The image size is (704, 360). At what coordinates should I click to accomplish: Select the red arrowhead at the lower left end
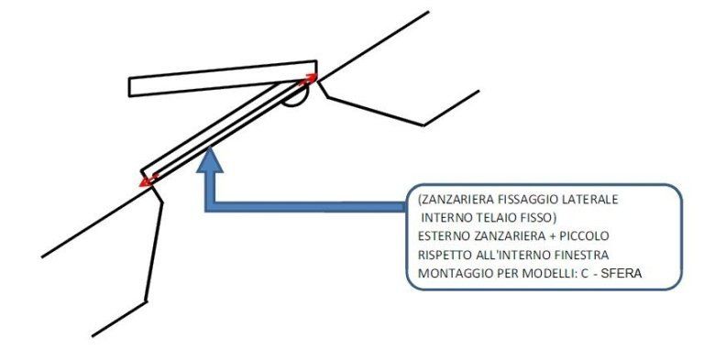[x=147, y=180]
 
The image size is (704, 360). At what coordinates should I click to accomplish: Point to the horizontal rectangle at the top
[x=223, y=78]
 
